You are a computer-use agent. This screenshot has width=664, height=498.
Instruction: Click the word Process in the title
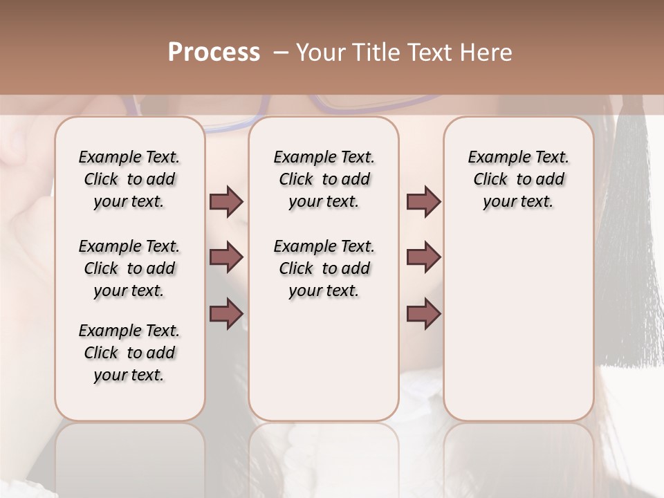click(214, 53)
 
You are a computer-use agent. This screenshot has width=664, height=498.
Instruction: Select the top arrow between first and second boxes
click(226, 202)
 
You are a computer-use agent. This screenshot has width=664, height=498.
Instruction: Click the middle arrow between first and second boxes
click(226, 257)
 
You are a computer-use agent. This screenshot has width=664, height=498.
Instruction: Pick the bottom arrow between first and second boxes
click(226, 313)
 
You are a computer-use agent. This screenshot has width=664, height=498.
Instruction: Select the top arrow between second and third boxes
click(423, 202)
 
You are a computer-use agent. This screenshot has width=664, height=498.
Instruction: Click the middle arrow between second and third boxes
click(423, 257)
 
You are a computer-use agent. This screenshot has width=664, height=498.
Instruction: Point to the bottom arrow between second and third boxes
click(423, 313)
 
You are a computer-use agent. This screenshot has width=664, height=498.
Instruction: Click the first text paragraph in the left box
click(129, 179)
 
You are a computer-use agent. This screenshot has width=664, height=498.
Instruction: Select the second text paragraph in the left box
click(129, 268)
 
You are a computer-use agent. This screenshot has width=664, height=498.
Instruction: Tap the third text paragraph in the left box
click(129, 353)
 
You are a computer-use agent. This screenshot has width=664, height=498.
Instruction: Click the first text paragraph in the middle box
click(324, 179)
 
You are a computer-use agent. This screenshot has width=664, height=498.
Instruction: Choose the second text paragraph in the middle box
click(324, 268)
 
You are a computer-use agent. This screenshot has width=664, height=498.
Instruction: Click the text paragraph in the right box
click(518, 179)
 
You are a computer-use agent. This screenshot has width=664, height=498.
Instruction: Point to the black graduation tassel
click(629, 242)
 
